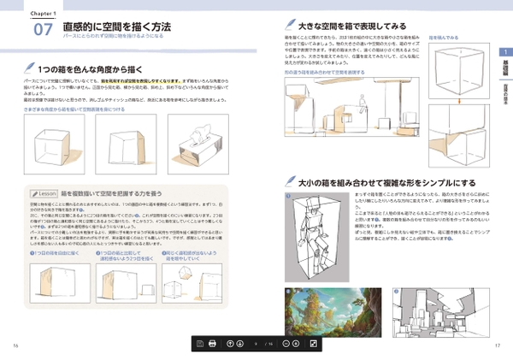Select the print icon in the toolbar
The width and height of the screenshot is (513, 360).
(x=212, y=344)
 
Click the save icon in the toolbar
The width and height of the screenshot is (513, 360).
(x=199, y=344)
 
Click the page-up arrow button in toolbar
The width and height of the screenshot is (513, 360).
(x=228, y=344)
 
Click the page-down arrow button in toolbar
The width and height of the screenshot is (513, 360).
(x=241, y=344)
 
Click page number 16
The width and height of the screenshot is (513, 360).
(x=15, y=345)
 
